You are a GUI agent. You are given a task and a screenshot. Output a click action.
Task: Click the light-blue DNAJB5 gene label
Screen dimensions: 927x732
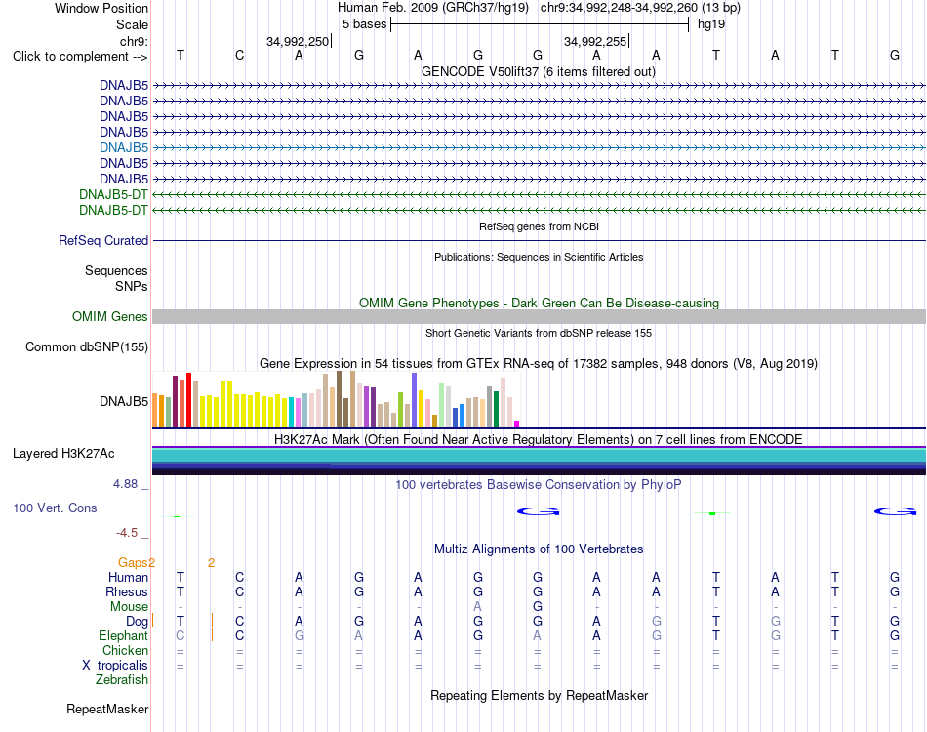(x=124, y=147)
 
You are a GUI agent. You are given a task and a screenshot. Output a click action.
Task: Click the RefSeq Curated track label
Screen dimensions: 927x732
(x=103, y=241)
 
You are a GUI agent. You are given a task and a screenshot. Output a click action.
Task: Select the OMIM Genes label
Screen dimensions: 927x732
(x=109, y=317)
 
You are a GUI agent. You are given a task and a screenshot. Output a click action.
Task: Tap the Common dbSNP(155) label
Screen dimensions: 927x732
(x=86, y=347)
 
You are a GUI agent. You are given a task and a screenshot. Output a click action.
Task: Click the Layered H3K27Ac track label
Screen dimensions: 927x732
(x=63, y=454)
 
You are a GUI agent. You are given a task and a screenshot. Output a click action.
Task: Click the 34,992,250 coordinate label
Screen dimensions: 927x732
(x=298, y=41)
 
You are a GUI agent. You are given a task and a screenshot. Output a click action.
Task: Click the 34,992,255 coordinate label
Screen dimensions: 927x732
(x=595, y=41)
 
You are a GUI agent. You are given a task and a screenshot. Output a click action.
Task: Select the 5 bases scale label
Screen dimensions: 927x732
(x=364, y=24)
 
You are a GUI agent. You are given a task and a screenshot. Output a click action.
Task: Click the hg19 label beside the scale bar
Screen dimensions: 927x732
(x=711, y=24)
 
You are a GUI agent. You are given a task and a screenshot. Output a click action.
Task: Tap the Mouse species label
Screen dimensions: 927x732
(x=129, y=607)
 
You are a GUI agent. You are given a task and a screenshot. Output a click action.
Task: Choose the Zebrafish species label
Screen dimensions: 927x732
(x=122, y=680)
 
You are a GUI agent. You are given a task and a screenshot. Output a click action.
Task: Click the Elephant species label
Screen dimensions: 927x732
(x=124, y=636)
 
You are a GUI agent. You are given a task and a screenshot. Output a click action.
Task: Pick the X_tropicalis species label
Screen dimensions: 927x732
(x=115, y=666)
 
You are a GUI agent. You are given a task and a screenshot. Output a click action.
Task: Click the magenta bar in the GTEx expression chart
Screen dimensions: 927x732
(x=517, y=424)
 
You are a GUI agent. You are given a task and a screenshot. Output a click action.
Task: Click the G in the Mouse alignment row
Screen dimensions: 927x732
(x=538, y=607)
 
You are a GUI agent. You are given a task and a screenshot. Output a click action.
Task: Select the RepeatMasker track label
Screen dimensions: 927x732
(x=107, y=709)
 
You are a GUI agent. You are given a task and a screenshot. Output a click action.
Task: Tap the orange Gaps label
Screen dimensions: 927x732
(x=133, y=563)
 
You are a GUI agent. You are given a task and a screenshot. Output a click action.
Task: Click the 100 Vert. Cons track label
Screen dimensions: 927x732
(x=55, y=508)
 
